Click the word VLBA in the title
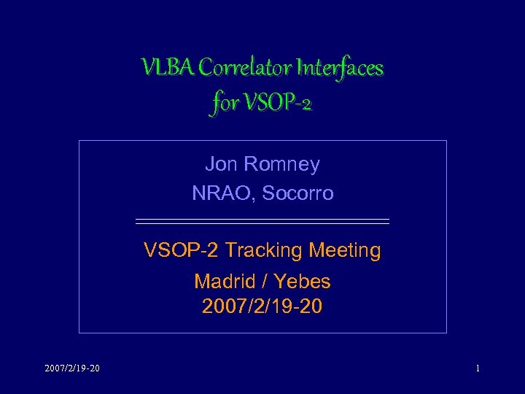pyautogui.click(x=168, y=68)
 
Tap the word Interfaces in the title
pyautogui.click(x=339, y=68)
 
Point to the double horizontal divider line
pyautogui.click(x=262, y=220)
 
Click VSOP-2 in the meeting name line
pyautogui.click(x=182, y=251)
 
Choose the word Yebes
pyautogui.click(x=303, y=282)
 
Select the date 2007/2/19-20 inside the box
pyautogui.click(x=262, y=306)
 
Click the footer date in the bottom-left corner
pyautogui.click(x=71, y=368)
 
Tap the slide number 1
pyautogui.click(x=478, y=368)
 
